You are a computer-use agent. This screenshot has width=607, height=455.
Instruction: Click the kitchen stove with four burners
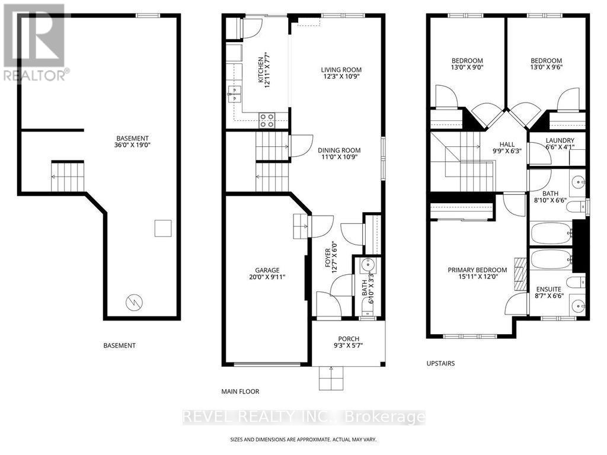tap(267, 120)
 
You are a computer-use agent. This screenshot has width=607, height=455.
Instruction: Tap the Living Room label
tap(341, 70)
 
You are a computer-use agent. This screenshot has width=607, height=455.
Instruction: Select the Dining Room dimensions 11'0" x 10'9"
tap(339, 157)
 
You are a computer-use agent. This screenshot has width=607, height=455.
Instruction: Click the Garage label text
tap(267, 270)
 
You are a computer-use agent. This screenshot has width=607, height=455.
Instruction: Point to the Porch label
tap(349, 338)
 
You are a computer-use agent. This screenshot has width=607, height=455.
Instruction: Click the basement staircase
tap(68, 177)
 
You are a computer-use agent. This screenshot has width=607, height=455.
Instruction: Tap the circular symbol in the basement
tap(135, 302)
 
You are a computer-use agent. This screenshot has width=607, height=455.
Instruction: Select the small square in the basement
tap(163, 228)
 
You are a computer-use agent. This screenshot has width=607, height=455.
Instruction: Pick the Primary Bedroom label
tap(477, 270)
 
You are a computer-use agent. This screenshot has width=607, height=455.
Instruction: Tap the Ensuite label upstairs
tap(549, 289)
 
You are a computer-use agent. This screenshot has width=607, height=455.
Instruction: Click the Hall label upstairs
tap(507, 145)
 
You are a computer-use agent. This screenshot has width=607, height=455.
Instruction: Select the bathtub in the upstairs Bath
tap(551, 233)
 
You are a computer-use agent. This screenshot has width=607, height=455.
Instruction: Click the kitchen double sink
tap(234, 94)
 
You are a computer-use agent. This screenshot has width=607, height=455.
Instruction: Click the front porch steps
tap(331, 378)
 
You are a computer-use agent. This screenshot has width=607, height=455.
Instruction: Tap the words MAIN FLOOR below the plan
tap(241, 392)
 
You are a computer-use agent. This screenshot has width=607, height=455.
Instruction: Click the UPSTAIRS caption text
tap(440, 363)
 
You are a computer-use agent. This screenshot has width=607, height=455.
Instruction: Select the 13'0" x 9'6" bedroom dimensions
tap(546, 67)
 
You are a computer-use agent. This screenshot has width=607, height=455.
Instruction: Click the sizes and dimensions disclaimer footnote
tap(303, 440)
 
